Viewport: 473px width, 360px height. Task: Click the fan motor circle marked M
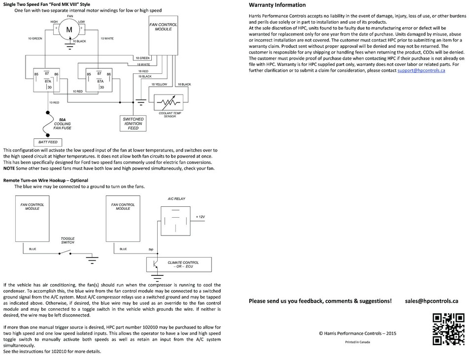tap(68, 31)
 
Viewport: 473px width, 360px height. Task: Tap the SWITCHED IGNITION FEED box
tap(133, 123)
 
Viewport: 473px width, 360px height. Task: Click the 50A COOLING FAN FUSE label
tap(62, 124)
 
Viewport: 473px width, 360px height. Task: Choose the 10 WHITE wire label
tap(107, 38)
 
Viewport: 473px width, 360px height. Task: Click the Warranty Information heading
tap(277, 5)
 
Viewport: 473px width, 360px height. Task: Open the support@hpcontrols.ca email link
tap(421, 70)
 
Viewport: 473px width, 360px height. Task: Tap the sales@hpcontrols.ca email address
tap(432, 300)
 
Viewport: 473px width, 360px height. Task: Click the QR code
tap(448, 329)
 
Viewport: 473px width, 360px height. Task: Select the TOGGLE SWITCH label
tap(68, 240)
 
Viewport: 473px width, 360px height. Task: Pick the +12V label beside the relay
tap(201, 217)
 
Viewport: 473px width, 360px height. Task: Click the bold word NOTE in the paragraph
tap(9, 168)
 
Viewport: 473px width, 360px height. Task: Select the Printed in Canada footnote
tap(358, 342)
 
